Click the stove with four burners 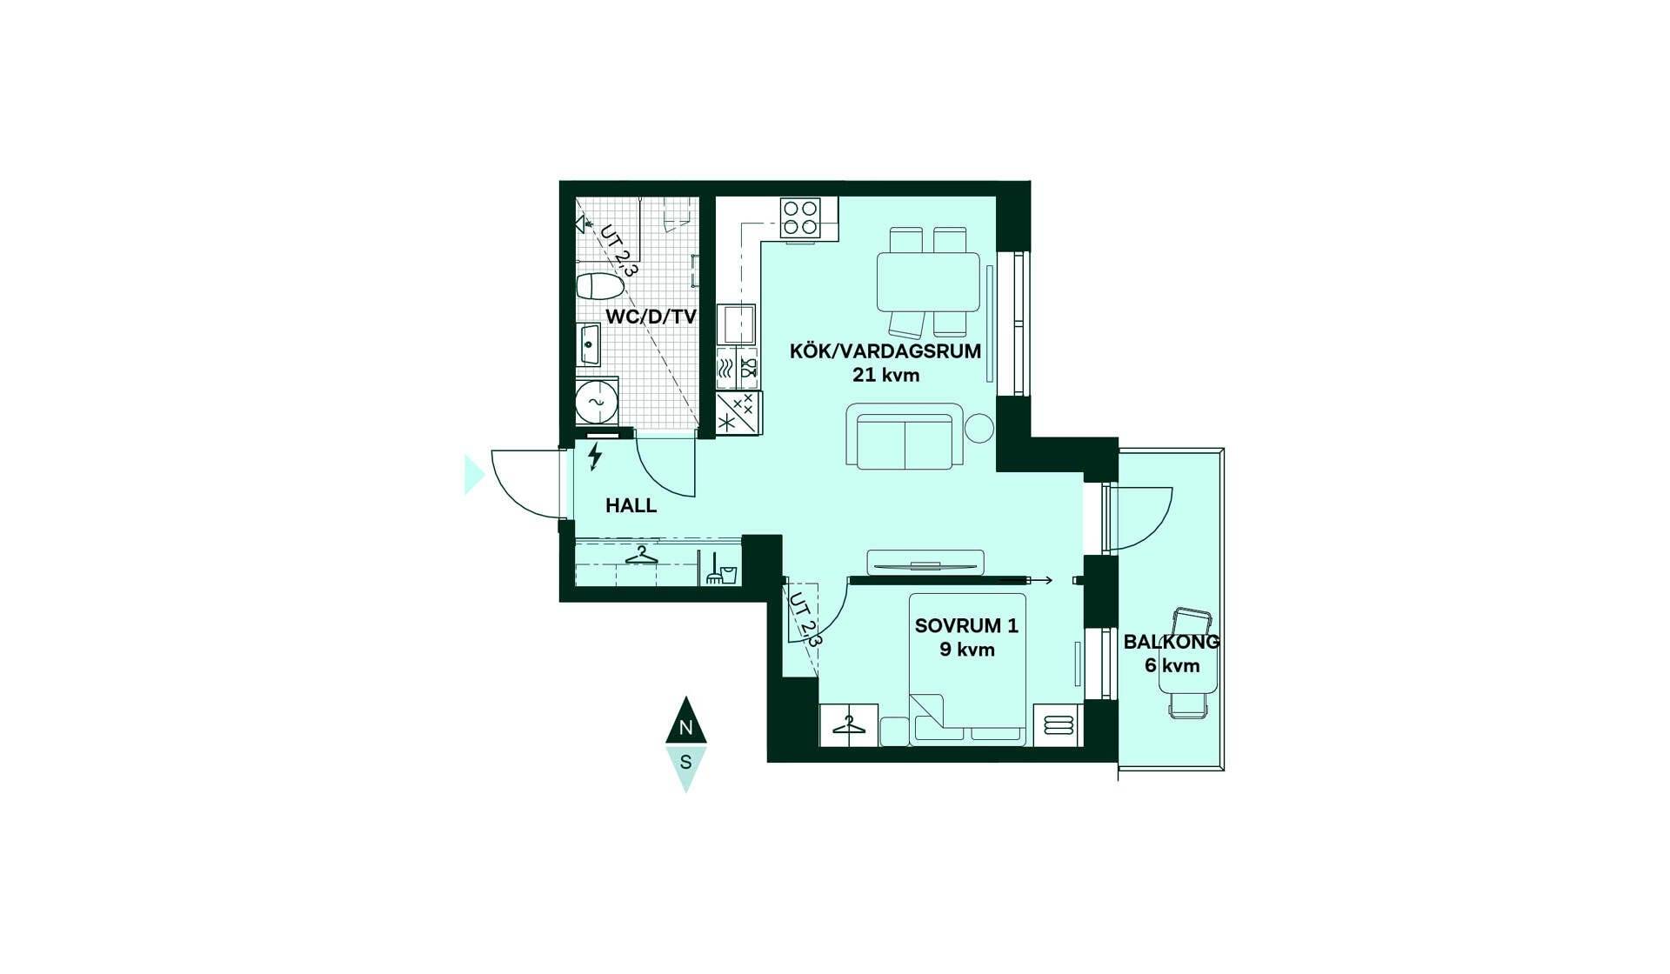(x=800, y=218)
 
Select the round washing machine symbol (x=597, y=403)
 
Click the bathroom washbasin (x=589, y=344)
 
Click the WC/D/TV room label (x=651, y=317)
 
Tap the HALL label (x=631, y=505)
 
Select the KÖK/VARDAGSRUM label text (x=885, y=351)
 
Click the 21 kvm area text (x=885, y=376)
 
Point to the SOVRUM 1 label (x=966, y=625)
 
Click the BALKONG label (x=1172, y=642)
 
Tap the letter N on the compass (x=686, y=728)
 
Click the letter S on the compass (x=686, y=762)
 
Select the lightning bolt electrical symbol (x=596, y=456)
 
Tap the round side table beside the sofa (x=980, y=427)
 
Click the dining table (x=928, y=281)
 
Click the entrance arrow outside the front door (x=474, y=474)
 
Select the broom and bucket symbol (x=721, y=569)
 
